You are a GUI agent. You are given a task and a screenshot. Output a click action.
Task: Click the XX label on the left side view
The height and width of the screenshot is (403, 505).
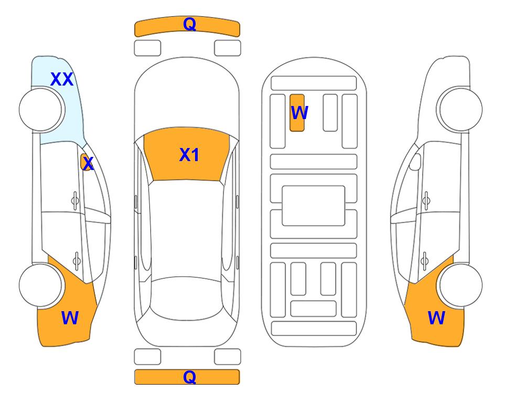[x=62, y=79]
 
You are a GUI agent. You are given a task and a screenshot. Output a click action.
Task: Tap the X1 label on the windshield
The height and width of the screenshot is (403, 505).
[x=189, y=155]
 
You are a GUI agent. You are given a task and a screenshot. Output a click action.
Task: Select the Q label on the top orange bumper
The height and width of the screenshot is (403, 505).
[x=189, y=24]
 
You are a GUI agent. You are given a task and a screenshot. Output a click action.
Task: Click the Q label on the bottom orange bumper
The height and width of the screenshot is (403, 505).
[x=189, y=377]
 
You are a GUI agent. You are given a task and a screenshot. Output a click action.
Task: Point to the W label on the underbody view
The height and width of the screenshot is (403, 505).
[x=299, y=113]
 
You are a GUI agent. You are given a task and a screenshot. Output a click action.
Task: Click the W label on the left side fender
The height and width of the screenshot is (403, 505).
[x=70, y=318]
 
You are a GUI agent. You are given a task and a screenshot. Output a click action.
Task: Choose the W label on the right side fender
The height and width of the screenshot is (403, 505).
[x=436, y=318]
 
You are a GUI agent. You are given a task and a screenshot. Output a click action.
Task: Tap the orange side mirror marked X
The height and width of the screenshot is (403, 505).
[x=85, y=162]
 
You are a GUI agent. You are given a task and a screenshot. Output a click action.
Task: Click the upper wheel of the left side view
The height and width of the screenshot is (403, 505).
[x=40, y=110]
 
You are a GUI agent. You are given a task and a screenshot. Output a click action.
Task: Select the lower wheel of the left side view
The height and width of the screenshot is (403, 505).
[x=40, y=285]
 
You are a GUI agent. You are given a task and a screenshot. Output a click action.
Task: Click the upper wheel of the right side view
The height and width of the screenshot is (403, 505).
[x=461, y=110]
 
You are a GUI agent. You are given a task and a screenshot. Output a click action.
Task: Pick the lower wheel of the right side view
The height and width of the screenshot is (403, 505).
[x=461, y=285]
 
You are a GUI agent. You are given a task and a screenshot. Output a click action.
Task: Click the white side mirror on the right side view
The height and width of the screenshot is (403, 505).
[x=415, y=162]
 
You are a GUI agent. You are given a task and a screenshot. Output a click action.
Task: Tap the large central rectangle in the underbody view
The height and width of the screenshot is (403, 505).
[x=314, y=206]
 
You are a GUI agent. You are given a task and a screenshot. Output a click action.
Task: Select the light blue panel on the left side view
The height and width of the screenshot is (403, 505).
[x=58, y=100]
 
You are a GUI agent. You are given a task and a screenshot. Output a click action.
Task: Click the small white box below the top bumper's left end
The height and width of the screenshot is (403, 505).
[x=147, y=48]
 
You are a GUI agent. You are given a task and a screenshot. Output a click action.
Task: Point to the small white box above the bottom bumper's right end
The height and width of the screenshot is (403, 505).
[x=228, y=357]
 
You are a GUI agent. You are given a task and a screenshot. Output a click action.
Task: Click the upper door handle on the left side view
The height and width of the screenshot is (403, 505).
[x=76, y=201]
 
